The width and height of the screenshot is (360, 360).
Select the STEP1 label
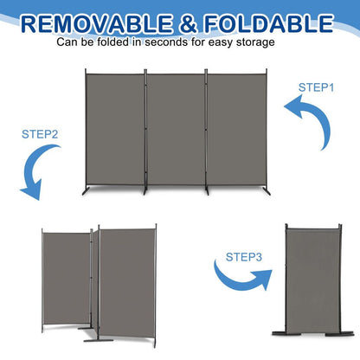point(316,87)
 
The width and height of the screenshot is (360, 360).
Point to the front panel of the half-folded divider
point(124,278)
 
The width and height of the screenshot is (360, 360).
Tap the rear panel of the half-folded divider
point(67,273)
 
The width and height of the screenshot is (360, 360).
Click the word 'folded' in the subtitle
point(118,41)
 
